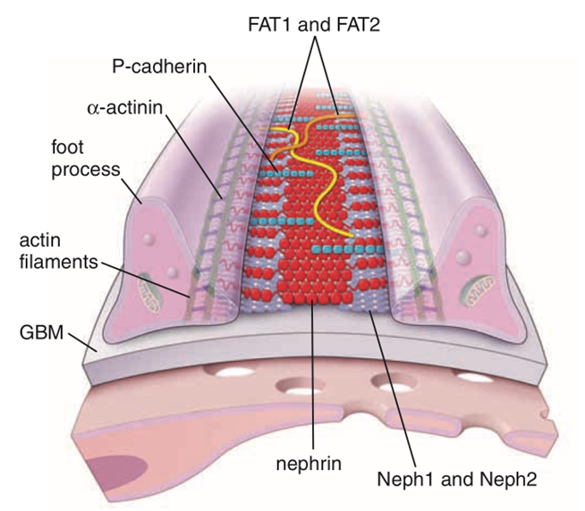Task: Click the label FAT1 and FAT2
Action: (314, 25)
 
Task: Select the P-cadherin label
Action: (159, 67)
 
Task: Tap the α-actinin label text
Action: (125, 108)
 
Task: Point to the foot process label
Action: (86, 158)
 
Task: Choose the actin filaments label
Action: (58, 251)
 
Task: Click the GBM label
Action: (41, 332)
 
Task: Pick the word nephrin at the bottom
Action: (309, 464)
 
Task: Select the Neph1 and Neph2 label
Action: (457, 479)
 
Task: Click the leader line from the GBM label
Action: (83, 342)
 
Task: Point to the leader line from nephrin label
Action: (313, 375)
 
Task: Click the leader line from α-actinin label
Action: (194, 156)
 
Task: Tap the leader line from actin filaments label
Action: (146, 280)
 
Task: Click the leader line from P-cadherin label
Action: (243, 124)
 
